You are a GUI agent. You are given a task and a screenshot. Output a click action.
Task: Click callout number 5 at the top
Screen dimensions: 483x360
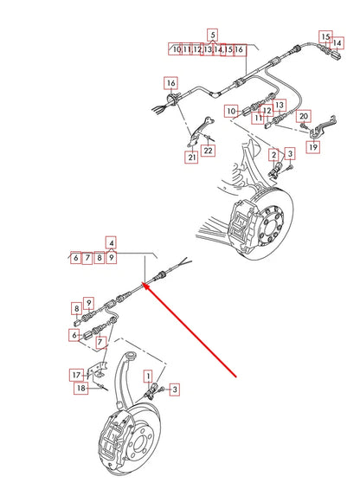pos(212,35)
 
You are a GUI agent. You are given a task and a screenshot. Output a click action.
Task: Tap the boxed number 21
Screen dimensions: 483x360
pos(191,157)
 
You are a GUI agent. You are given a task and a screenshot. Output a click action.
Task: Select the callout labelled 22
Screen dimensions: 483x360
pos(209,151)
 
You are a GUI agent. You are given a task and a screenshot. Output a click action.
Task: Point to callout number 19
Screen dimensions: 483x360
pos(312,147)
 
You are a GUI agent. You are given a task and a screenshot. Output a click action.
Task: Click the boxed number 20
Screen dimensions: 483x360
pos(303,116)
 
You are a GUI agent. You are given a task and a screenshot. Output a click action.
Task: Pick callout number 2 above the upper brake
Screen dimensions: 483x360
pos(273,154)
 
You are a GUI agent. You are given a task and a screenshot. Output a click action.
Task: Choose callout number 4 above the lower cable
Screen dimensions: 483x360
pos(112,242)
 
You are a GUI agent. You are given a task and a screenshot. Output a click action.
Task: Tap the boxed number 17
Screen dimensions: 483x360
pos(77,374)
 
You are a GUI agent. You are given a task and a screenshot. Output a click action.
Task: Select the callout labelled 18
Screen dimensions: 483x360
pos(80,390)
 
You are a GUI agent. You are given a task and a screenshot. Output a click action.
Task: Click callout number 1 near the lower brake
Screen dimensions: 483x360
pos(148,376)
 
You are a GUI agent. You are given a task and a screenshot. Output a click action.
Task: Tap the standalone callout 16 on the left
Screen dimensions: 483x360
pos(170,83)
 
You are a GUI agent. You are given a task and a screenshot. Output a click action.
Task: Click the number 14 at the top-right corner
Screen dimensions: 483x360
pos(337,42)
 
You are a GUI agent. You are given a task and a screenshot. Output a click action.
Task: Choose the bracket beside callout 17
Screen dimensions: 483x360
pos(101,373)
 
